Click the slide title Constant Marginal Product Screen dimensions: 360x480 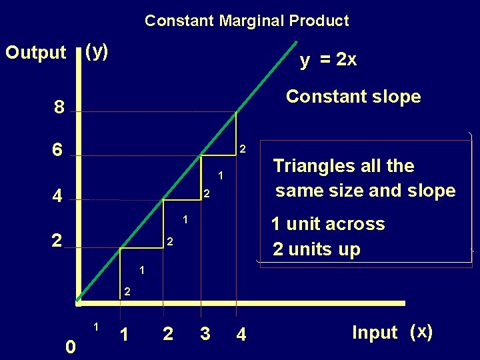point(247,21)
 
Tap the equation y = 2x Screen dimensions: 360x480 point(328,60)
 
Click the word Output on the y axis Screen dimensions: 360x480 point(36,53)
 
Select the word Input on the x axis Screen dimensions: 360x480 point(374,332)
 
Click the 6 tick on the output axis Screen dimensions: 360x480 point(59,151)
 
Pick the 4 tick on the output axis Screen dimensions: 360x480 point(59,197)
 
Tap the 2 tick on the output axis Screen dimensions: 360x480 point(59,241)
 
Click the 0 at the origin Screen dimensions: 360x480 point(71,347)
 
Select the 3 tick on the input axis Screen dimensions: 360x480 point(205,333)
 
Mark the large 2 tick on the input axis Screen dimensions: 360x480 point(168,333)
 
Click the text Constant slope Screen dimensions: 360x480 point(353,97)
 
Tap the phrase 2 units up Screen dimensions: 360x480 point(316,249)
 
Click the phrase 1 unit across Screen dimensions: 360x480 point(327,224)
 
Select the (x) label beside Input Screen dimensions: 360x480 point(421,331)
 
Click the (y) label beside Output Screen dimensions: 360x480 point(98,51)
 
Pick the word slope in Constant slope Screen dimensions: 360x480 point(397,97)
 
